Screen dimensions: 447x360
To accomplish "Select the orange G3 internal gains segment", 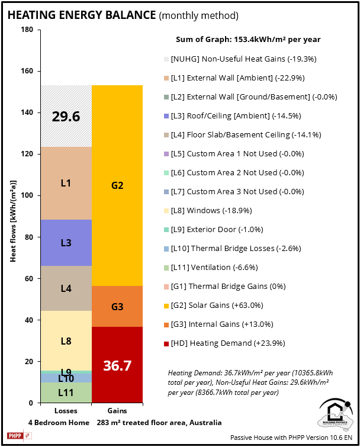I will click(117, 307).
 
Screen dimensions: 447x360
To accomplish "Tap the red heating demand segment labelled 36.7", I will click(117, 365).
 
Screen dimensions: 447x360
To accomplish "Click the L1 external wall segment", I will click(66, 183).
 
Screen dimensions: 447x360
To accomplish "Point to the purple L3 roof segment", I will click(66, 243).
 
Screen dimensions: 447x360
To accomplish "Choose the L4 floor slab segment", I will click(66, 288).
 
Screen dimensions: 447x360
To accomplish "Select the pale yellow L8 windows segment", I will click(66, 340).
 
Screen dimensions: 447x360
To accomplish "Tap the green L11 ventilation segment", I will click(66, 392).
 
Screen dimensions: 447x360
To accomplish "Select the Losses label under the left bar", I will click(66, 410).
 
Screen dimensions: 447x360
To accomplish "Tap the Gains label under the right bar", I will click(117, 410).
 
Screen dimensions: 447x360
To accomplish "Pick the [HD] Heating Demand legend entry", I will click(226, 343).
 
